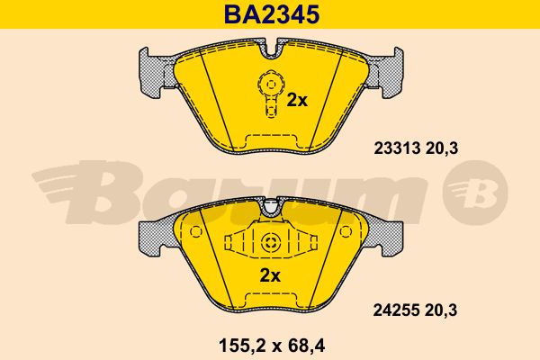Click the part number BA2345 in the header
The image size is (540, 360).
point(272,14)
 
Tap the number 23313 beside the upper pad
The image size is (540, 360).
point(397,148)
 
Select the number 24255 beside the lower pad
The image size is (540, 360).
point(397,310)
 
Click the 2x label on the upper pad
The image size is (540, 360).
point(297,100)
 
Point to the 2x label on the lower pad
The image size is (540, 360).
point(270,275)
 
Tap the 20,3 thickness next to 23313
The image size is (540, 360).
point(442,148)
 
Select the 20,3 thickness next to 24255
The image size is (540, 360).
point(441,310)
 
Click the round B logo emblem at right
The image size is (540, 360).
point(475,193)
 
